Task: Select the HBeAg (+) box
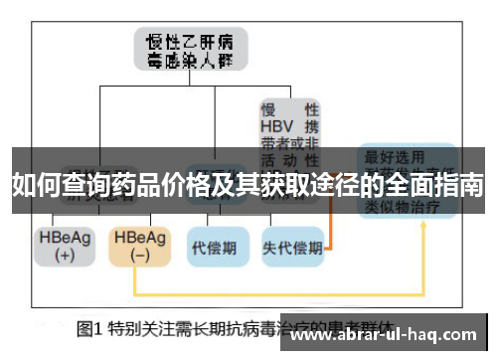click(x=62, y=246)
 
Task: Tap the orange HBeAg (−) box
click(x=138, y=246)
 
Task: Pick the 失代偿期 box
click(x=291, y=246)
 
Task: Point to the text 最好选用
click(x=395, y=156)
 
